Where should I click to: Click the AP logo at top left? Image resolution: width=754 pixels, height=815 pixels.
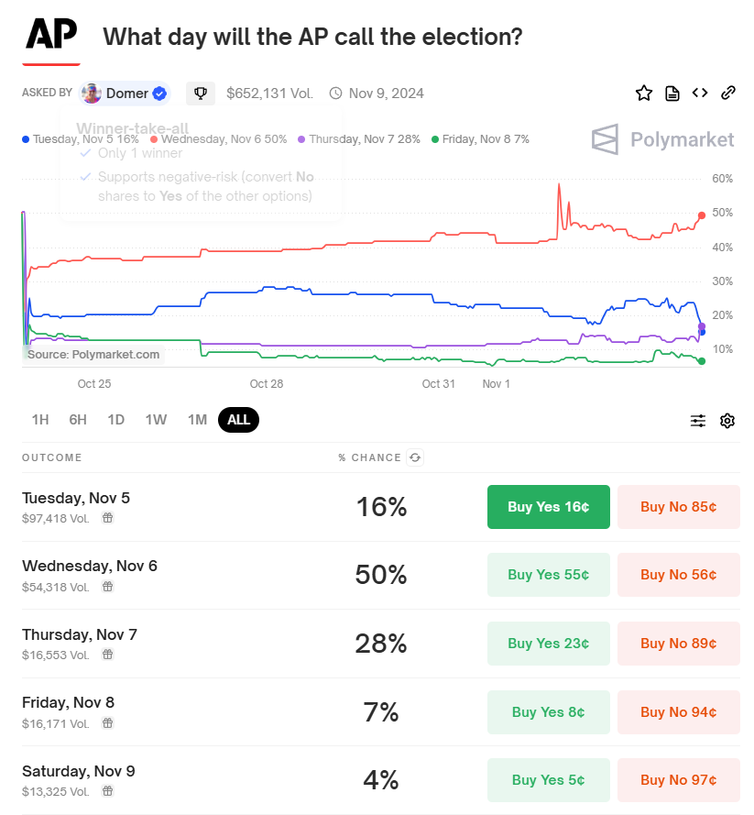[51, 35]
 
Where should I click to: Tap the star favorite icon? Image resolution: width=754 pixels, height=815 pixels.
[644, 93]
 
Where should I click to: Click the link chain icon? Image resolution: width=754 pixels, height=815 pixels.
[728, 93]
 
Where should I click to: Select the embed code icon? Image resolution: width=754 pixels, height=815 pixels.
[700, 93]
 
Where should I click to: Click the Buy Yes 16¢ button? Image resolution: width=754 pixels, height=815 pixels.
[548, 507]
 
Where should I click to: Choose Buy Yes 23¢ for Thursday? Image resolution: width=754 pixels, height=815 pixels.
[548, 644]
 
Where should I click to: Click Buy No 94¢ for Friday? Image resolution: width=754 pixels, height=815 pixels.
[678, 712]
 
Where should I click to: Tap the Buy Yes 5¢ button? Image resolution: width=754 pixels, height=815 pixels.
[548, 780]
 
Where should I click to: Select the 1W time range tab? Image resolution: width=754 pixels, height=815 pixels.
[156, 420]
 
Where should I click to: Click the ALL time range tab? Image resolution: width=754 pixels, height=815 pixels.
[238, 420]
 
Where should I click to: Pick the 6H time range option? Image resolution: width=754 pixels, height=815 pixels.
[78, 420]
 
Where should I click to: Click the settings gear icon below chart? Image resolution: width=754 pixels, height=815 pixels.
[727, 421]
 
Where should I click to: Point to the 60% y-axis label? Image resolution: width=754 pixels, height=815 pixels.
[722, 179]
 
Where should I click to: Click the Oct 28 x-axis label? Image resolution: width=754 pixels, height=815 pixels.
[266, 384]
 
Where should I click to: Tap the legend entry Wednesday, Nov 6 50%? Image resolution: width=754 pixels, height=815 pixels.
[219, 139]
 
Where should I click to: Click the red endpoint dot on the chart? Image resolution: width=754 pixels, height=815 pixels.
[702, 215]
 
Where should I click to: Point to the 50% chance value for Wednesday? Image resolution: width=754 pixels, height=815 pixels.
[380, 576]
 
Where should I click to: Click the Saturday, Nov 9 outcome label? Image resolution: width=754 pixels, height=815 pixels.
[78, 771]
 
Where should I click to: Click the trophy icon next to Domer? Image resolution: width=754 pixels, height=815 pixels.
[201, 93]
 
